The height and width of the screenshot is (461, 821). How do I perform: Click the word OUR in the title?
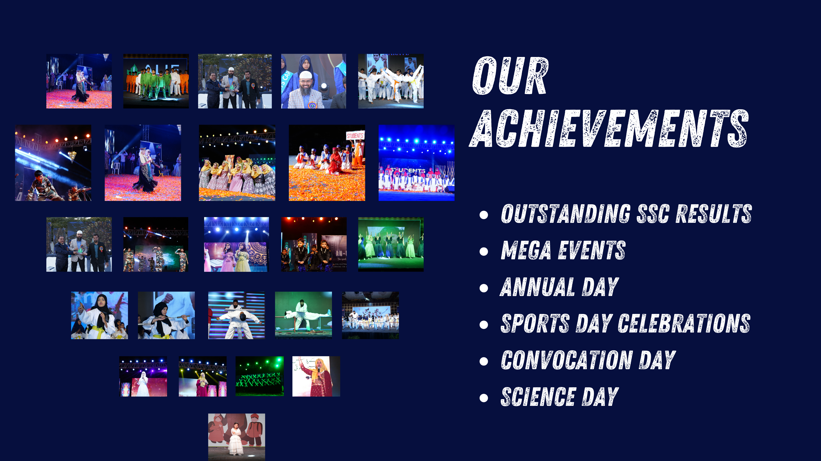pyautogui.click(x=510, y=76)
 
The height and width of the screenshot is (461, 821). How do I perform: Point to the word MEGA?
pyautogui.click(x=526, y=250)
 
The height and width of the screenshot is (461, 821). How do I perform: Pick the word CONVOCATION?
pyautogui.click(x=567, y=360)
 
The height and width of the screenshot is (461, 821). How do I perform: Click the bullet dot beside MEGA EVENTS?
pyautogui.click(x=484, y=251)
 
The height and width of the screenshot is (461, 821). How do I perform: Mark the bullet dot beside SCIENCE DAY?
pyautogui.click(x=484, y=398)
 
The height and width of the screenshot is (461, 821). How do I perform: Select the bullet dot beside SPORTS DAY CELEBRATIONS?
pyautogui.click(x=484, y=325)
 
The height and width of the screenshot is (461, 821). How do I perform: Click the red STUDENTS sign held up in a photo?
pyautogui.click(x=355, y=136)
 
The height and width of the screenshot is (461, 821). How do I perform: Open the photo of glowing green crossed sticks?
pyautogui.click(x=259, y=376)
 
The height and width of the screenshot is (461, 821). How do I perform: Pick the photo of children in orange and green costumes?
pyautogui.click(x=156, y=81)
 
